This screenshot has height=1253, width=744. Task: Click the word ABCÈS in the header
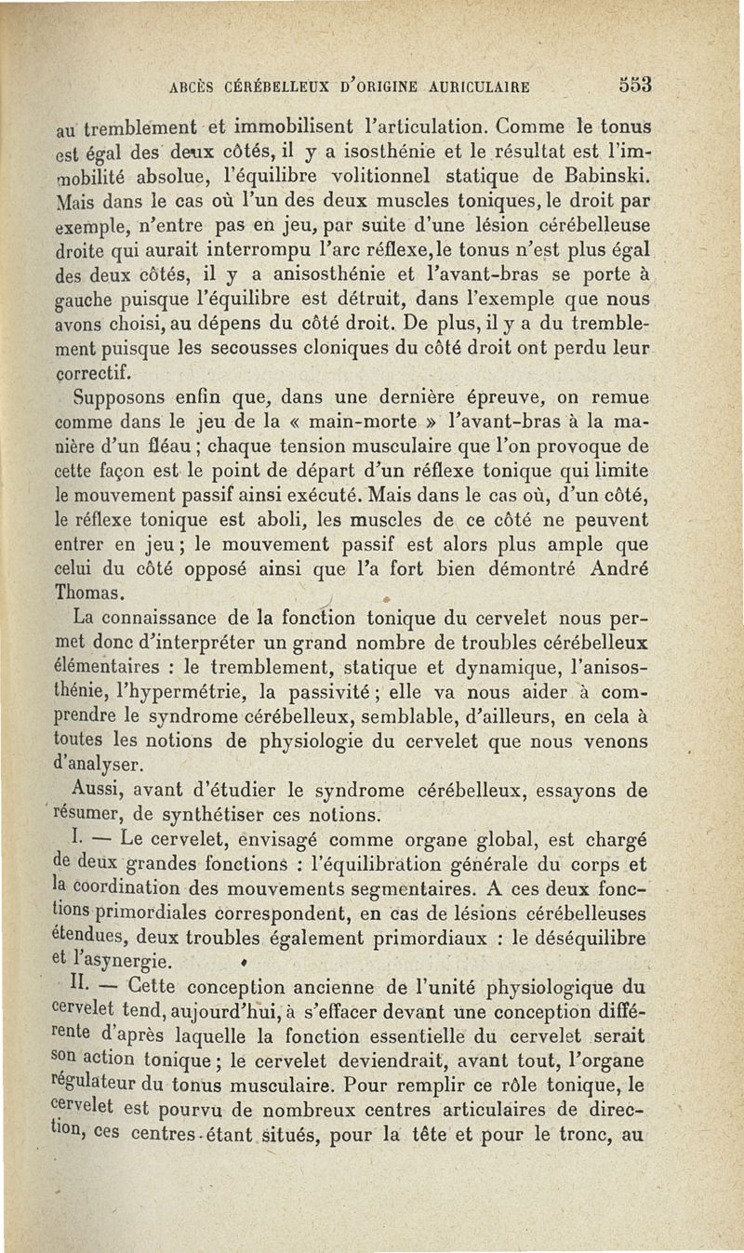[x=193, y=90]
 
